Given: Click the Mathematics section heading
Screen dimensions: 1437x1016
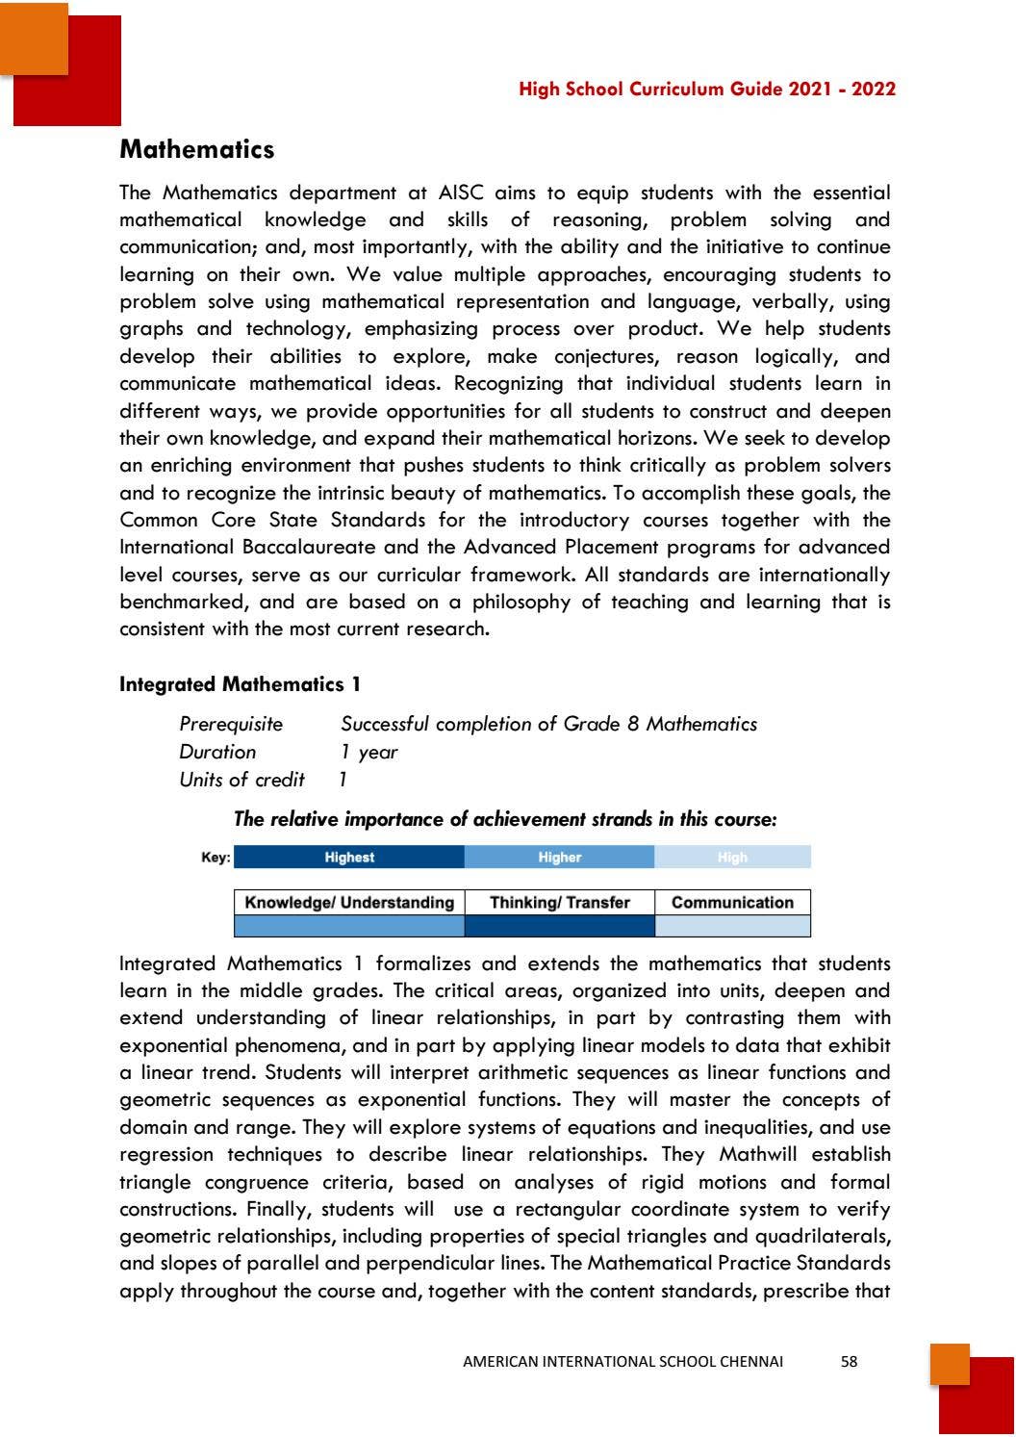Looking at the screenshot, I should click(x=196, y=150).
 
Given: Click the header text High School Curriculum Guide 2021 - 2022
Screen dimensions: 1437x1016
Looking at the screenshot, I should click(x=706, y=90).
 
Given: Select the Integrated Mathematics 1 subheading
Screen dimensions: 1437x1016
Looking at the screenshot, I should click(x=240, y=684).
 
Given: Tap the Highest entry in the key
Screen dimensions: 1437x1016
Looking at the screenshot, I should click(x=349, y=858).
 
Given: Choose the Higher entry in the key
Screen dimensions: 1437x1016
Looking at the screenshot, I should click(x=559, y=858).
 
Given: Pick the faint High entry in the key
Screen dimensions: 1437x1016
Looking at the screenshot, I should click(x=732, y=858).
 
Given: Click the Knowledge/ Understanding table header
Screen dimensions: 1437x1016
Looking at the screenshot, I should click(x=349, y=903).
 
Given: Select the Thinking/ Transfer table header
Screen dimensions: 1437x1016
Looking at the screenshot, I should click(x=559, y=903).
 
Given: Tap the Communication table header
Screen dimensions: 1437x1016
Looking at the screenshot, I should click(x=732, y=903).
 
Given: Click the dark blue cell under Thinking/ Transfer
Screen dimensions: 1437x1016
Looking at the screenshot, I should click(x=559, y=926).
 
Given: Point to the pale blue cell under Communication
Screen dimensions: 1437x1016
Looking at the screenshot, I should click(x=732, y=926).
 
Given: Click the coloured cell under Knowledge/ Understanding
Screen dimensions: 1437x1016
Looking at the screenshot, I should click(x=349, y=926).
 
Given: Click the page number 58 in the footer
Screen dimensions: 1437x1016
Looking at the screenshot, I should click(x=849, y=1361).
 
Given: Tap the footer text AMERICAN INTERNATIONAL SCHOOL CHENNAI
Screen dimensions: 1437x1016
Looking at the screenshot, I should click(x=622, y=1361).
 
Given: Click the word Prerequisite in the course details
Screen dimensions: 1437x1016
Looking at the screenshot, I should click(x=231, y=724).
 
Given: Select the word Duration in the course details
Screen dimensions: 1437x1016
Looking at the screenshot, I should click(x=217, y=752).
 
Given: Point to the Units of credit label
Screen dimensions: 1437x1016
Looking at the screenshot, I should click(x=241, y=780).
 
